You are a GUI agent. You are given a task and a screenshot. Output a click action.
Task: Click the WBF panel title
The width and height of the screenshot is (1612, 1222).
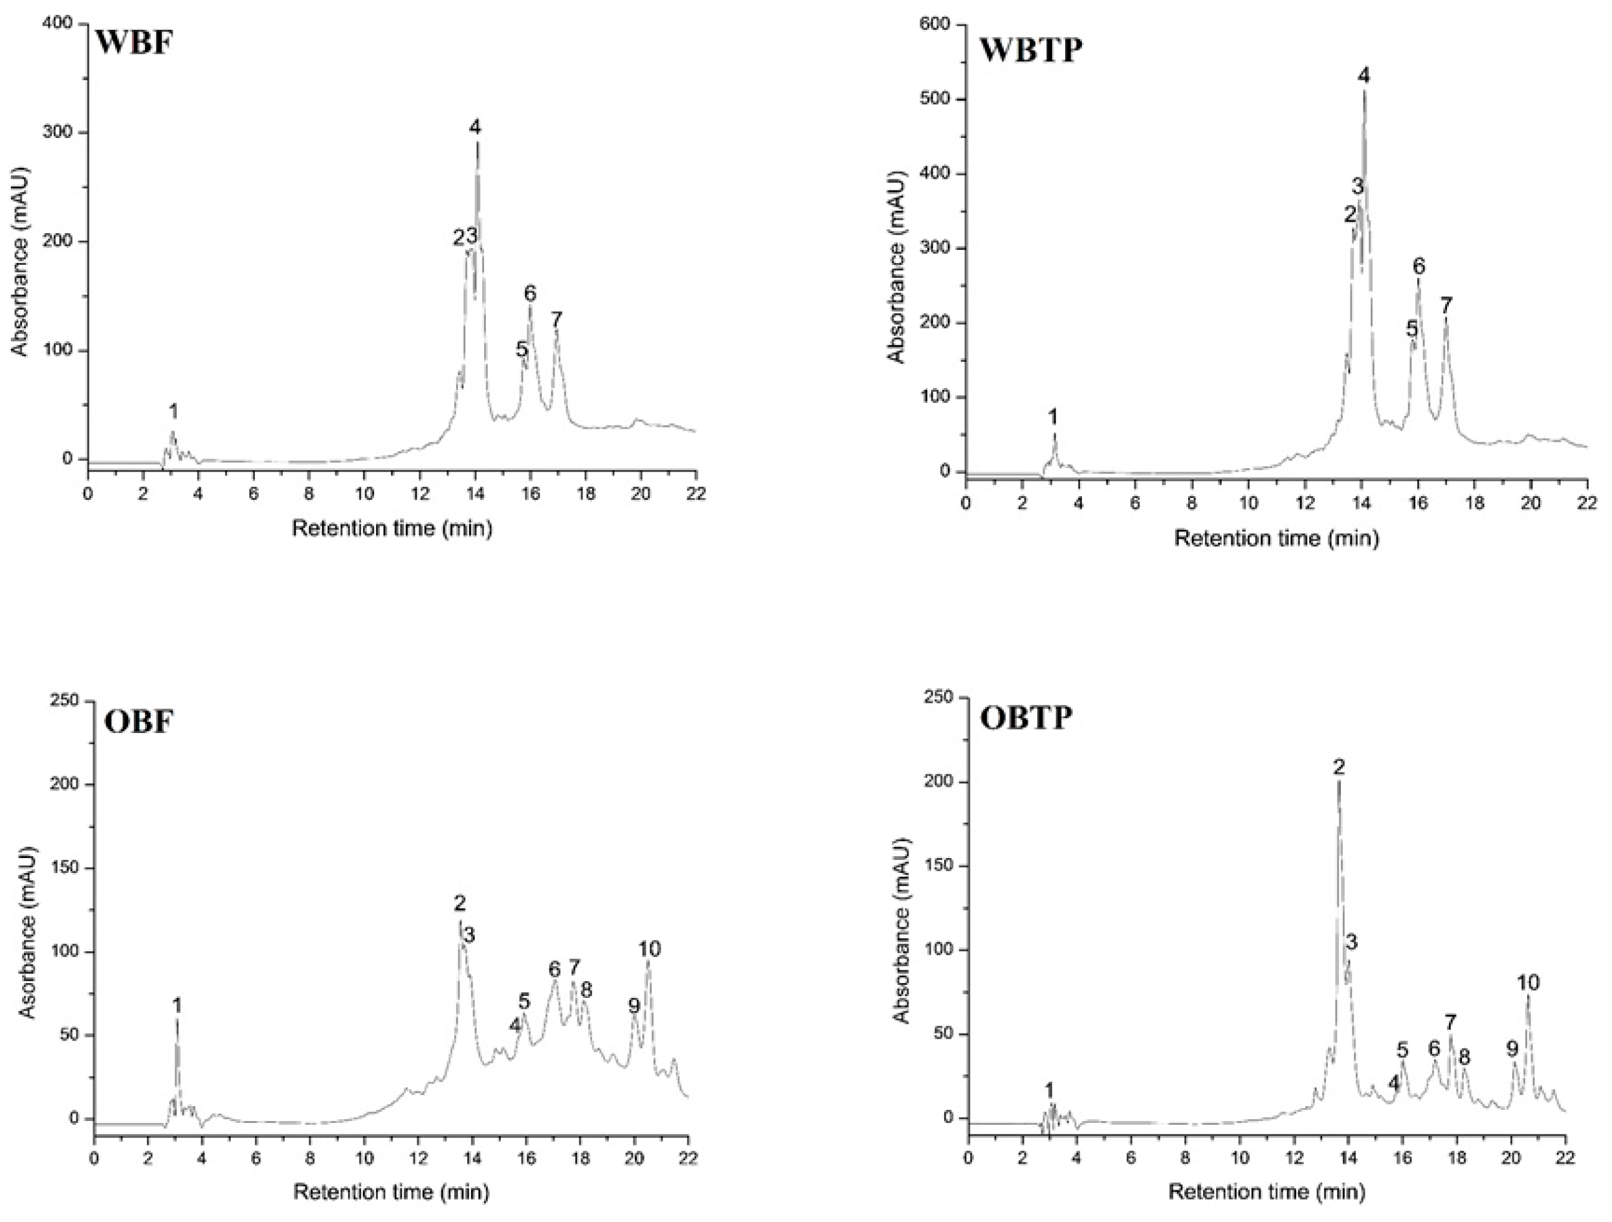click(x=134, y=45)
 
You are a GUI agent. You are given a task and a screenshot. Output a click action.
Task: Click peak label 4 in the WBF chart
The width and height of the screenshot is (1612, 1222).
click(x=475, y=128)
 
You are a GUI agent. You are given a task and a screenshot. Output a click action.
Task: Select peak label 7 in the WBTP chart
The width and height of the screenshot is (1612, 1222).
click(x=1446, y=305)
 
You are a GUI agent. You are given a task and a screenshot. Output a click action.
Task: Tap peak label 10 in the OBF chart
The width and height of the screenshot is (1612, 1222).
click(x=649, y=949)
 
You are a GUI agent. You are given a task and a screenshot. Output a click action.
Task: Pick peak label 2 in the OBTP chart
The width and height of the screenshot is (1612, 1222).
click(x=1339, y=766)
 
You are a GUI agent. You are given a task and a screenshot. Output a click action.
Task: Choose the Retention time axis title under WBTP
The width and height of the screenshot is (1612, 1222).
click(x=1276, y=539)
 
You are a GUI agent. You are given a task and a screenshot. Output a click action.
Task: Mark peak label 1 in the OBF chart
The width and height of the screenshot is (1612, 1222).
click(x=177, y=1006)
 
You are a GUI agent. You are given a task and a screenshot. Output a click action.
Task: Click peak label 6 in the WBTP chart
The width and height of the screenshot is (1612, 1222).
click(x=1418, y=267)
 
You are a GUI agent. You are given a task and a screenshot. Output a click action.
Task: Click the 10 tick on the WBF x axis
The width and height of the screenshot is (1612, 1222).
click(x=364, y=493)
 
